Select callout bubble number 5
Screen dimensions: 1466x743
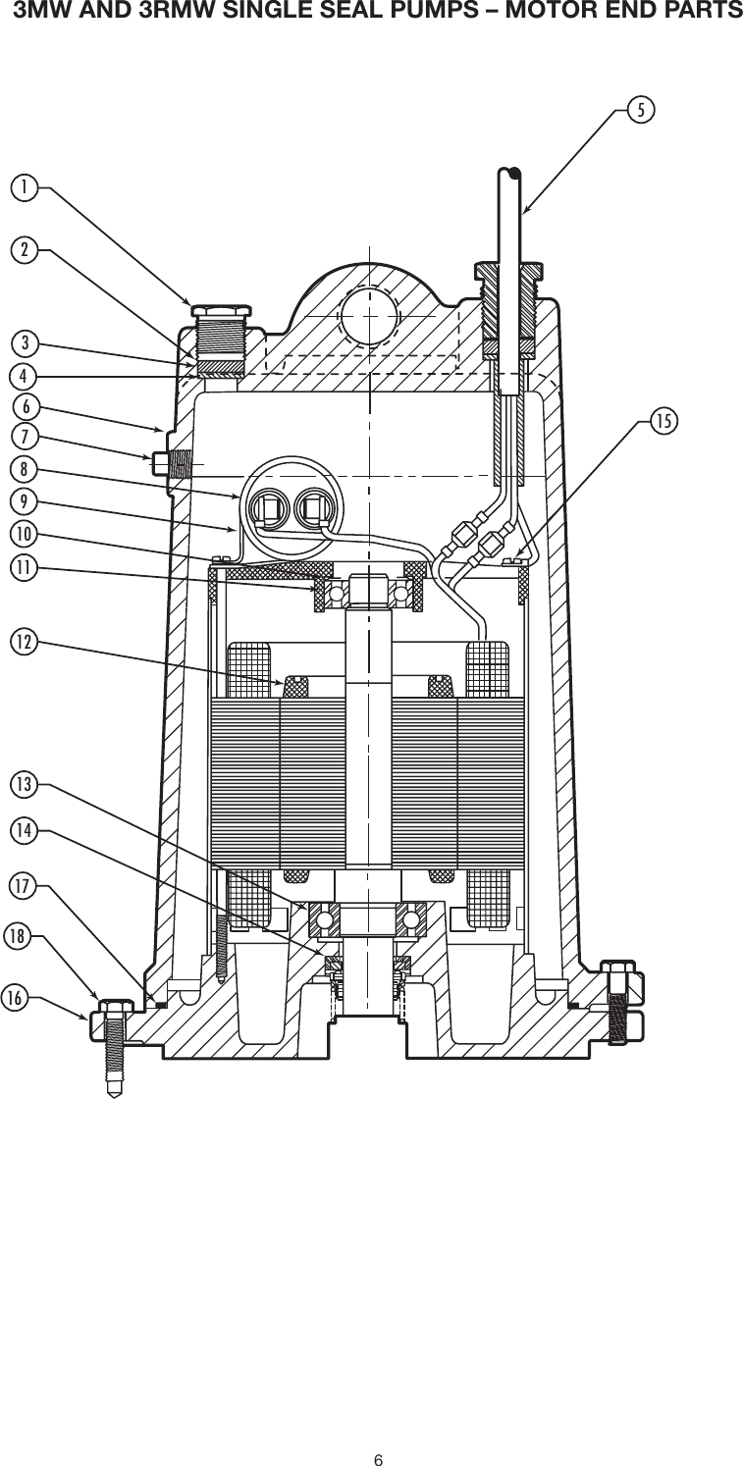[640, 109]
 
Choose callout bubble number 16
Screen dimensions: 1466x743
[15, 998]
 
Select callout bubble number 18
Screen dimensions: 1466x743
[15, 936]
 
